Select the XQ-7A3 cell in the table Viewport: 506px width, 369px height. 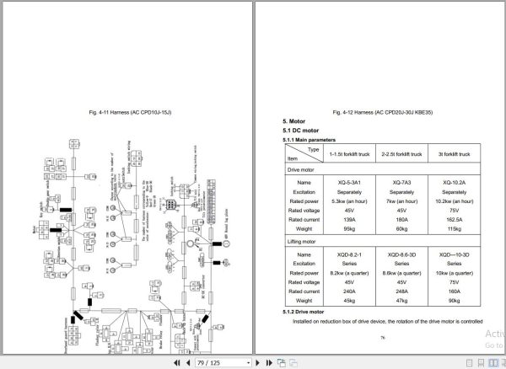pyautogui.click(x=396, y=182)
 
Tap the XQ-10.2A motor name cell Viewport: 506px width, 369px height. pyautogui.click(x=454, y=182)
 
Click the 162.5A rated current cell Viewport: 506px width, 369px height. pyautogui.click(x=454, y=219)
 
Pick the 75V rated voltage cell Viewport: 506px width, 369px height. pyautogui.click(x=454, y=210)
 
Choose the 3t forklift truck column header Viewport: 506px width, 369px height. pyautogui.click(x=454, y=154)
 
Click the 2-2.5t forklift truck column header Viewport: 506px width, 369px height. pyautogui.click(x=396, y=154)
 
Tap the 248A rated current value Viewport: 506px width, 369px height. pyautogui.click(x=396, y=291)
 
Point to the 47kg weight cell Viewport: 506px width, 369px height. pyautogui.click(x=396, y=300)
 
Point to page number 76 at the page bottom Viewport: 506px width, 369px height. pyautogui.click(x=381, y=338)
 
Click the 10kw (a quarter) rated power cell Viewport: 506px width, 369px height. pyautogui.click(x=454, y=273)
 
